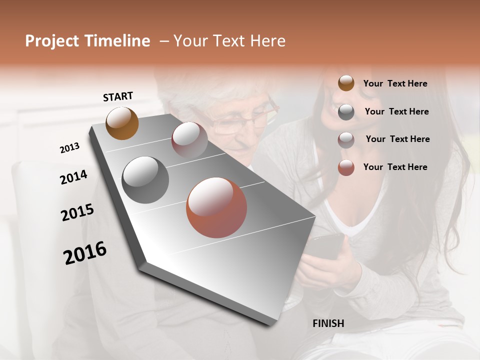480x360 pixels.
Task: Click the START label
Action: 118,96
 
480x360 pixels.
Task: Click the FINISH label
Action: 328,323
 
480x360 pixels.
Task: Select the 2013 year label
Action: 69,148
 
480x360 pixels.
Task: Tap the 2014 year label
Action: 73,177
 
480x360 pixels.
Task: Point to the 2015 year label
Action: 77,212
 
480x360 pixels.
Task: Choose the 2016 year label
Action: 85,252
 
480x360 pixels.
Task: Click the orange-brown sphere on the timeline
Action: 122,123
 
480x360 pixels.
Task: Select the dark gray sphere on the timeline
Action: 145,180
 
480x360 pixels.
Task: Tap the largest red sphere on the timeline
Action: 216,207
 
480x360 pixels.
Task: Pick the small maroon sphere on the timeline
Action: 189,139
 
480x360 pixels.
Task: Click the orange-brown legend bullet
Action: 346,83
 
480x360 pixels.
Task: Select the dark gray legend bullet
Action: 346,112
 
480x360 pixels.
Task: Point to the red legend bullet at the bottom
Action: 346,167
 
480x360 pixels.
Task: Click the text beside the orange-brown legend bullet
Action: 395,83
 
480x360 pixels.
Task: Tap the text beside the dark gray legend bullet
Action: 396,111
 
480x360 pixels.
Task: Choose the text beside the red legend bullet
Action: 395,167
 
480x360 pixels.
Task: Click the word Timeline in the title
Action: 118,41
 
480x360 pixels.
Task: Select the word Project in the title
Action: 52,41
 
